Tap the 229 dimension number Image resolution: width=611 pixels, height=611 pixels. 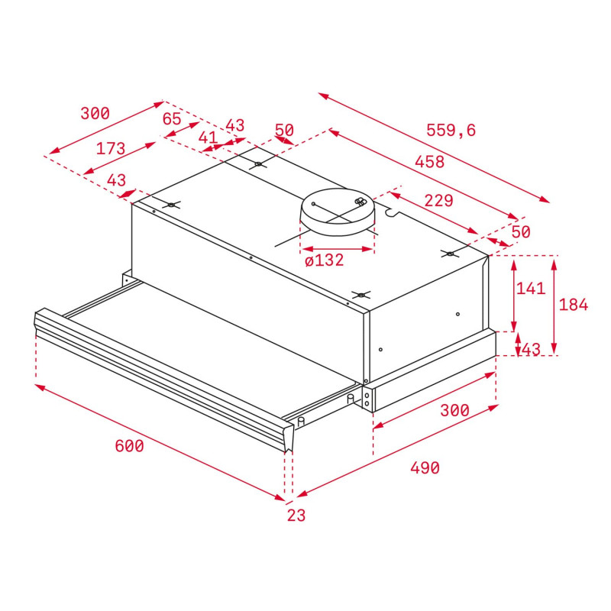tap(438, 201)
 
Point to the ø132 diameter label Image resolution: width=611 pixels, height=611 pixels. tap(324, 260)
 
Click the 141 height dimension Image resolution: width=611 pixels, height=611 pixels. tap(531, 289)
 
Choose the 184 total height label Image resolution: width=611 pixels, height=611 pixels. tap(574, 305)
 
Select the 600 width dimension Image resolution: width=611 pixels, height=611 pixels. tap(129, 446)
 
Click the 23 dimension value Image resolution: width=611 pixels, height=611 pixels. tap(296, 516)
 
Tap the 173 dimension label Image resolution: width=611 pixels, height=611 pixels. tap(111, 149)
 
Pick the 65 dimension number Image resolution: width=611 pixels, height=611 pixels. tap(172, 119)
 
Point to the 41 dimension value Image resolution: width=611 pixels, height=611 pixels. tap(208, 137)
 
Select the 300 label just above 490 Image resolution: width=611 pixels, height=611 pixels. tap(454, 410)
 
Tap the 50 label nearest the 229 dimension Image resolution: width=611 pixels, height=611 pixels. tap(520, 231)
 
